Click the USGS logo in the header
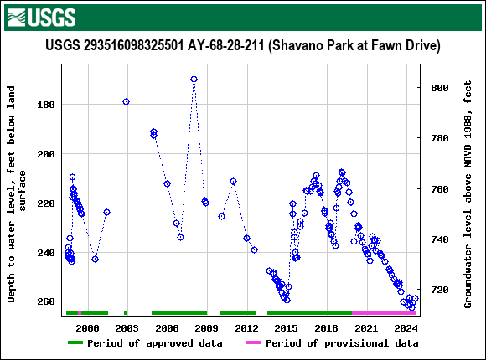pyautogui.click(x=40, y=16)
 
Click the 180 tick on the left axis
pyautogui.click(x=46, y=105)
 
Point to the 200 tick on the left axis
pyautogui.click(x=46, y=154)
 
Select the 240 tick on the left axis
pyautogui.click(x=46, y=252)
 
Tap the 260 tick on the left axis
pyautogui.click(x=46, y=301)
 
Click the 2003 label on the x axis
pyautogui.click(x=127, y=327)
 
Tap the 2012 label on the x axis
pyautogui.click(x=246, y=327)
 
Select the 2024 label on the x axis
pyautogui.click(x=406, y=327)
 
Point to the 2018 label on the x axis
pyautogui.click(x=326, y=327)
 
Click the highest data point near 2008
pyautogui.click(x=194, y=80)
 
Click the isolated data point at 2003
pyautogui.click(x=126, y=102)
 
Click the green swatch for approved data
pyautogui.click(x=75, y=343)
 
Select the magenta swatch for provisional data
pyautogui.click(x=253, y=343)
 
